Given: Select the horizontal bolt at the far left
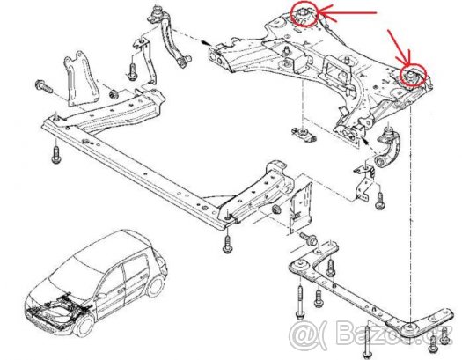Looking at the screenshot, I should pyautogui.click(x=43, y=87).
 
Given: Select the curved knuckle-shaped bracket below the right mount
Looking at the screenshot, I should pyautogui.click(x=390, y=150).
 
